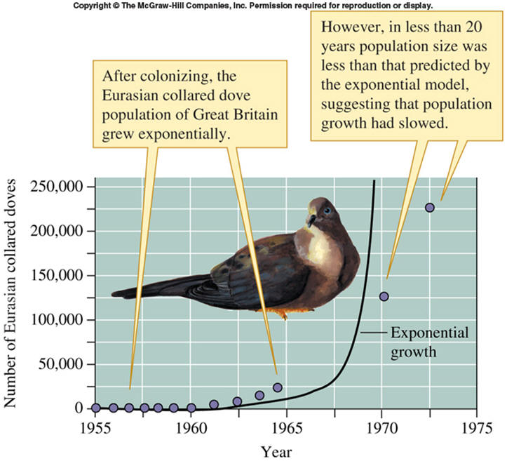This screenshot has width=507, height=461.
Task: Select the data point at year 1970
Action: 384,296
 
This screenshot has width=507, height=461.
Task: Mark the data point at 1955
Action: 96,408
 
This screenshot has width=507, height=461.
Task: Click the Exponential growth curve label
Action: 420,341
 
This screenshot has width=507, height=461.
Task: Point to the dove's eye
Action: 327,210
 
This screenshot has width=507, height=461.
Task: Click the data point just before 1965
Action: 277,387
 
